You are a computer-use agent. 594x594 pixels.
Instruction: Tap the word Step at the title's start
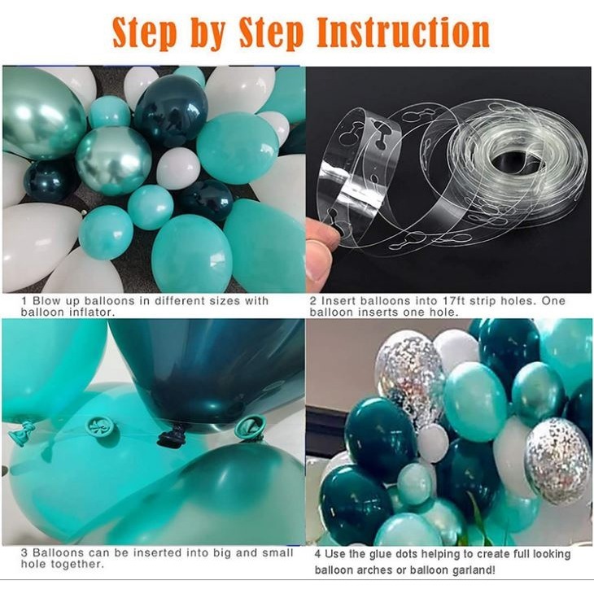[x=144, y=33]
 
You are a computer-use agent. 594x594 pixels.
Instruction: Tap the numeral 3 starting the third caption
[x=24, y=553]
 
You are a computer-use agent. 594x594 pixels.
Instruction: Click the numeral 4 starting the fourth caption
[x=317, y=554]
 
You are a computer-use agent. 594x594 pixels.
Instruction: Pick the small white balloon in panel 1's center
[x=178, y=168]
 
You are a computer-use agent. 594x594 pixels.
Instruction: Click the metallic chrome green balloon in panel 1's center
[x=113, y=160]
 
